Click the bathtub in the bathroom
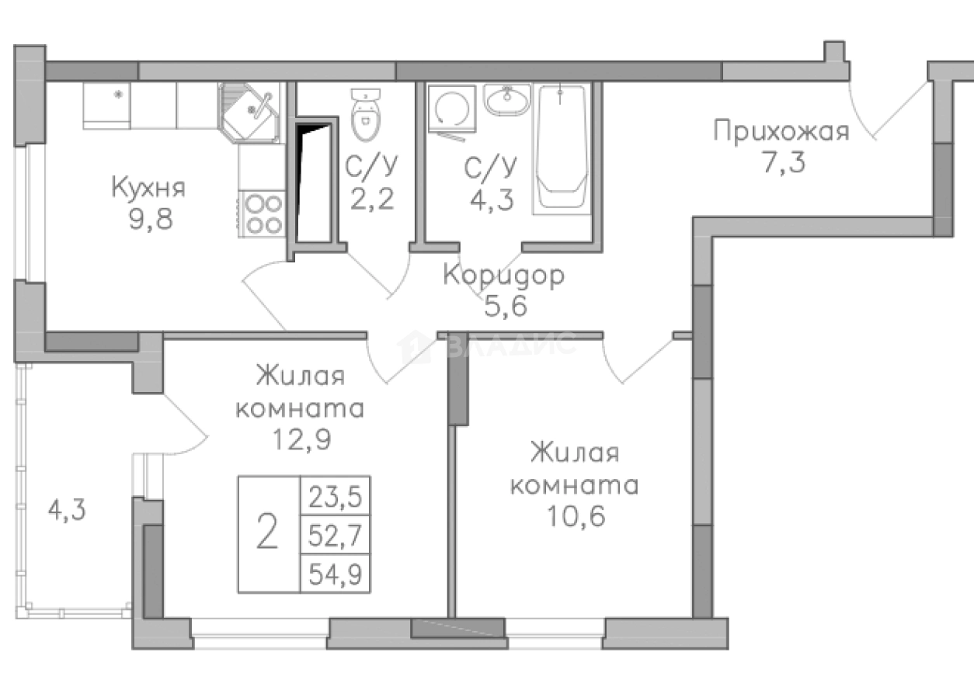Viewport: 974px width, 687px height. [560, 147]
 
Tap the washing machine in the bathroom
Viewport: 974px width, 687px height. [448, 112]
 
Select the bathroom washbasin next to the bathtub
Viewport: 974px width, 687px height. [506, 99]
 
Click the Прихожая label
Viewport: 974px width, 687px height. [781, 131]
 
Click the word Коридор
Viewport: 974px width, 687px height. [503, 275]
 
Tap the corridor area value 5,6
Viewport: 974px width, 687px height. [506, 307]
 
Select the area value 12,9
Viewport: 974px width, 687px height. [299, 439]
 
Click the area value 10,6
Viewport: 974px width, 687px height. [573, 515]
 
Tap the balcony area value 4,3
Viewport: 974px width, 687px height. [66, 510]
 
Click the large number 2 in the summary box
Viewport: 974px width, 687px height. [267, 534]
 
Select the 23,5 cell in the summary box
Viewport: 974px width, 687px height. [336, 494]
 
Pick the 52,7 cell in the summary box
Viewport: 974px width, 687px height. [336, 535]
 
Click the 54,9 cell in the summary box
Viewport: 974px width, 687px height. [336, 575]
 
